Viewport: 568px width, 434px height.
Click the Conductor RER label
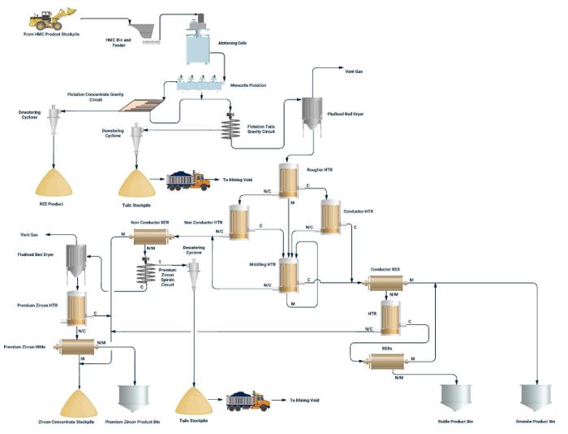385,268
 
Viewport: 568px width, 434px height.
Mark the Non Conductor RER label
149,221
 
